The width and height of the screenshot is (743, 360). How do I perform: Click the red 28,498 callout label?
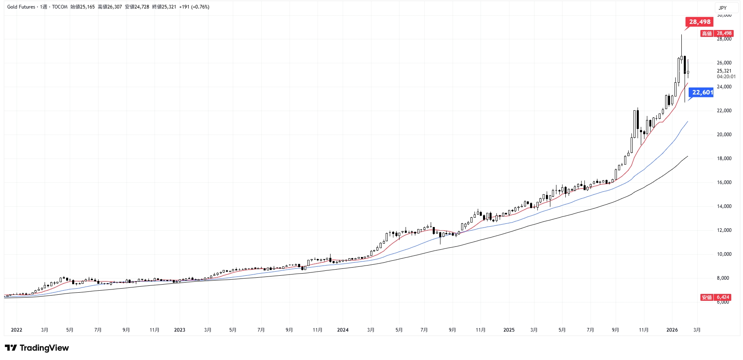(x=700, y=22)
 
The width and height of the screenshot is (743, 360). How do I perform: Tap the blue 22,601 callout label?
(x=702, y=92)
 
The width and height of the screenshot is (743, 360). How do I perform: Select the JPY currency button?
(x=723, y=8)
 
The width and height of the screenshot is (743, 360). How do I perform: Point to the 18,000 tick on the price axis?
(x=724, y=159)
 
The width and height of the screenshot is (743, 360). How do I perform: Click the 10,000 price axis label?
(x=724, y=254)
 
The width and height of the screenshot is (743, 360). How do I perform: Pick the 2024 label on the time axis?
(x=343, y=330)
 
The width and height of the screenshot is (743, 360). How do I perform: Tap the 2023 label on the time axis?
(x=179, y=330)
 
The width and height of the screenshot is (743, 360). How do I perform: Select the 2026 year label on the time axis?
(x=672, y=330)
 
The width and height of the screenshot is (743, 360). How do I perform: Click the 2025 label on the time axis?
(x=509, y=330)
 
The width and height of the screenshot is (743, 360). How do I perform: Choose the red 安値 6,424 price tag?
(x=716, y=297)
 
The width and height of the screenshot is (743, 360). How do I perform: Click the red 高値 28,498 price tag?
(x=717, y=33)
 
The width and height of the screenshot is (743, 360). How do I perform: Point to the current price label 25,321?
(x=724, y=71)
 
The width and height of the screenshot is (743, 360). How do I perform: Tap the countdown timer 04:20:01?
(x=726, y=77)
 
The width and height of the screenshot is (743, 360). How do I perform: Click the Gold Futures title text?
(x=21, y=7)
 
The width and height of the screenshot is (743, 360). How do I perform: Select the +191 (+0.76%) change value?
(x=194, y=7)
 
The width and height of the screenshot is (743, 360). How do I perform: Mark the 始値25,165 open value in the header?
(x=82, y=7)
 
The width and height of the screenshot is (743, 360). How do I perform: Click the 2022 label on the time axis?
(x=17, y=330)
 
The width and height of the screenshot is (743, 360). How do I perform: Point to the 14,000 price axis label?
(x=724, y=206)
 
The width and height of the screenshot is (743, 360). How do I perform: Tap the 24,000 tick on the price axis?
(x=724, y=87)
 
